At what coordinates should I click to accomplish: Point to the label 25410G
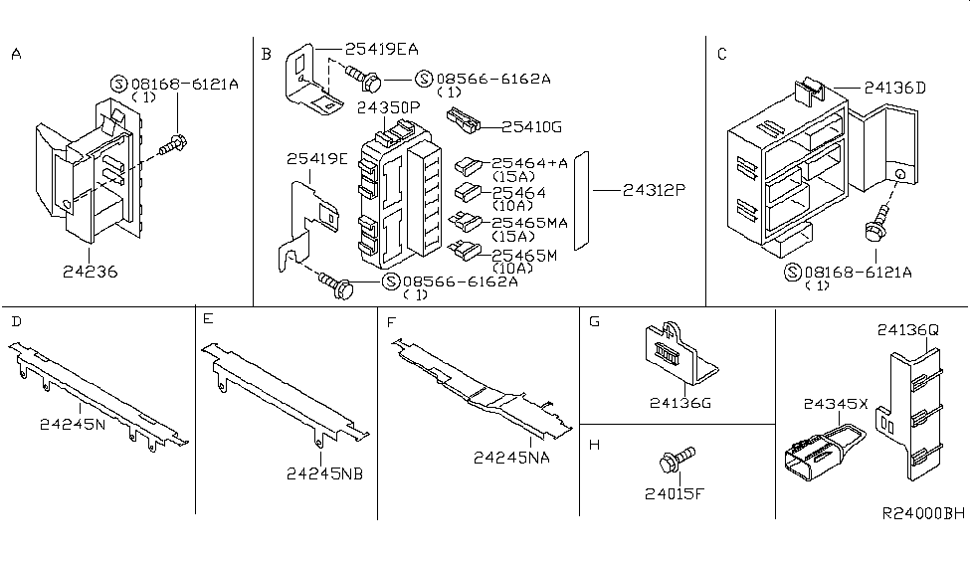(531, 126)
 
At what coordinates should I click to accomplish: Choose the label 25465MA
(529, 223)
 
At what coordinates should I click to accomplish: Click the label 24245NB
(323, 473)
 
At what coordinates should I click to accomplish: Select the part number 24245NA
(512, 458)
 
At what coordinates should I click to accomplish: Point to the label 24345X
(836, 405)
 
